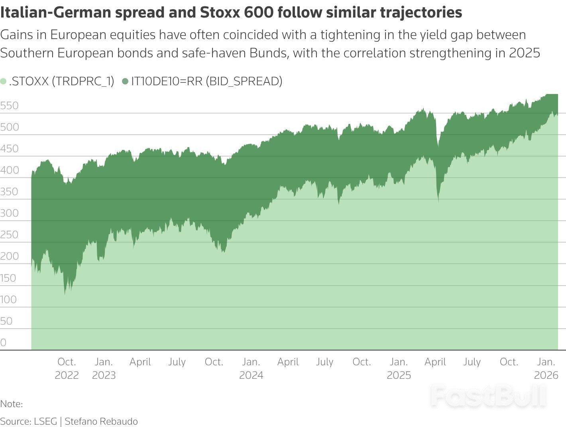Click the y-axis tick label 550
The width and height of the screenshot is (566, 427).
pos(9,106)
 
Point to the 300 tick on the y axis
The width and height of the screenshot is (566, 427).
pos(9,213)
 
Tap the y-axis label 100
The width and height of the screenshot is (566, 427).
pos(8,300)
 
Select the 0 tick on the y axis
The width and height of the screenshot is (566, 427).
pos(3,343)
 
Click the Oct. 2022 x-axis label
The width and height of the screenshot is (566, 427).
pos(67,368)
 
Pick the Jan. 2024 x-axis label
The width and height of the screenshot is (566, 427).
pos(251,368)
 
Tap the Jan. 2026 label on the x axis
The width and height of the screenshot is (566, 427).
pos(546,368)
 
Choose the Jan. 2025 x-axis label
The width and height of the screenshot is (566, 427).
pos(399,368)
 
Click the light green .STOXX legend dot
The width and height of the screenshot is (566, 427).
pos(4,82)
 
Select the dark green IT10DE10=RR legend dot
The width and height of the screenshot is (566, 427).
pos(125,82)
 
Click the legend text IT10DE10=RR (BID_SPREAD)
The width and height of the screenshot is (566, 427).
pos(206,81)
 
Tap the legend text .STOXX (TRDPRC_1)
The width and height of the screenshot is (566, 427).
pos(61,81)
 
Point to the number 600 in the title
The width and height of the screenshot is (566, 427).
pos(259,12)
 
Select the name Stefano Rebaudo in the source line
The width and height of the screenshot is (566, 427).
pos(101,421)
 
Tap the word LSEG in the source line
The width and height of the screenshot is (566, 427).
pos(45,421)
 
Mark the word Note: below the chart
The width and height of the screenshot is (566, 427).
pos(11,404)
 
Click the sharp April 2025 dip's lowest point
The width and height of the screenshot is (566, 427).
pos(438,202)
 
